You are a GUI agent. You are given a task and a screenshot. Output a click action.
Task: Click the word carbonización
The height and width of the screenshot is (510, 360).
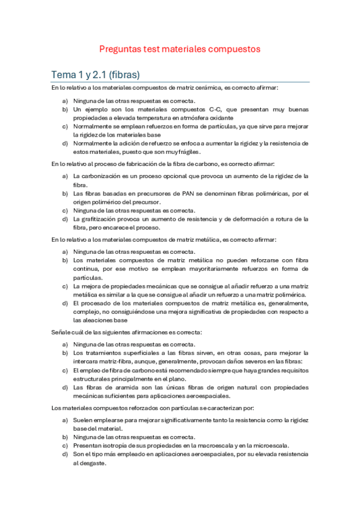point(101,176)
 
